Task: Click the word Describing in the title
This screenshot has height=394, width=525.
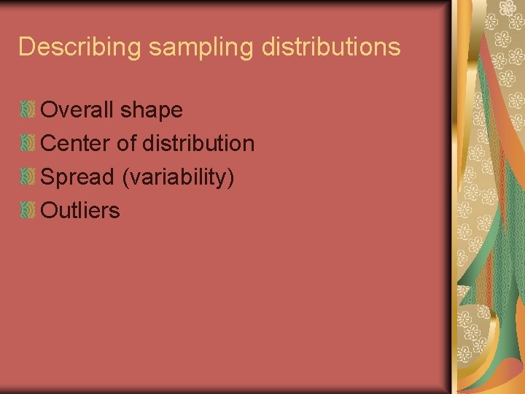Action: (x=80, y=47)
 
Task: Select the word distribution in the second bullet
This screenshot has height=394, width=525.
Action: (x=198, y=144)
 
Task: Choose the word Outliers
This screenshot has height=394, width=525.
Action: (x=80, y=211)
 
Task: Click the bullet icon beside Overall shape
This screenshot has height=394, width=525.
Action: (x=28, y=110)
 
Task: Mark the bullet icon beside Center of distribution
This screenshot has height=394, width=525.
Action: (x=28, y=144)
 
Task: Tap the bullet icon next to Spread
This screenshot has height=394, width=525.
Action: (x=28, y=177)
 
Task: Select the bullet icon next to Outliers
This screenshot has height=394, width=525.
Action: (x=28, y=211)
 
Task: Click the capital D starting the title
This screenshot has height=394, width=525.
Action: (x=27, y=47)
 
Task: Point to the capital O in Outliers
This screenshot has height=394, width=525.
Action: (x=50, y=211)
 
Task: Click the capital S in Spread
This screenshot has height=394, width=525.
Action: (x=49, y=177)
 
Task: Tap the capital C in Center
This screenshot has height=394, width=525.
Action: (x=50, y=144)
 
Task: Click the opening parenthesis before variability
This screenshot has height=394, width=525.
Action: (x=125, y=178)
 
